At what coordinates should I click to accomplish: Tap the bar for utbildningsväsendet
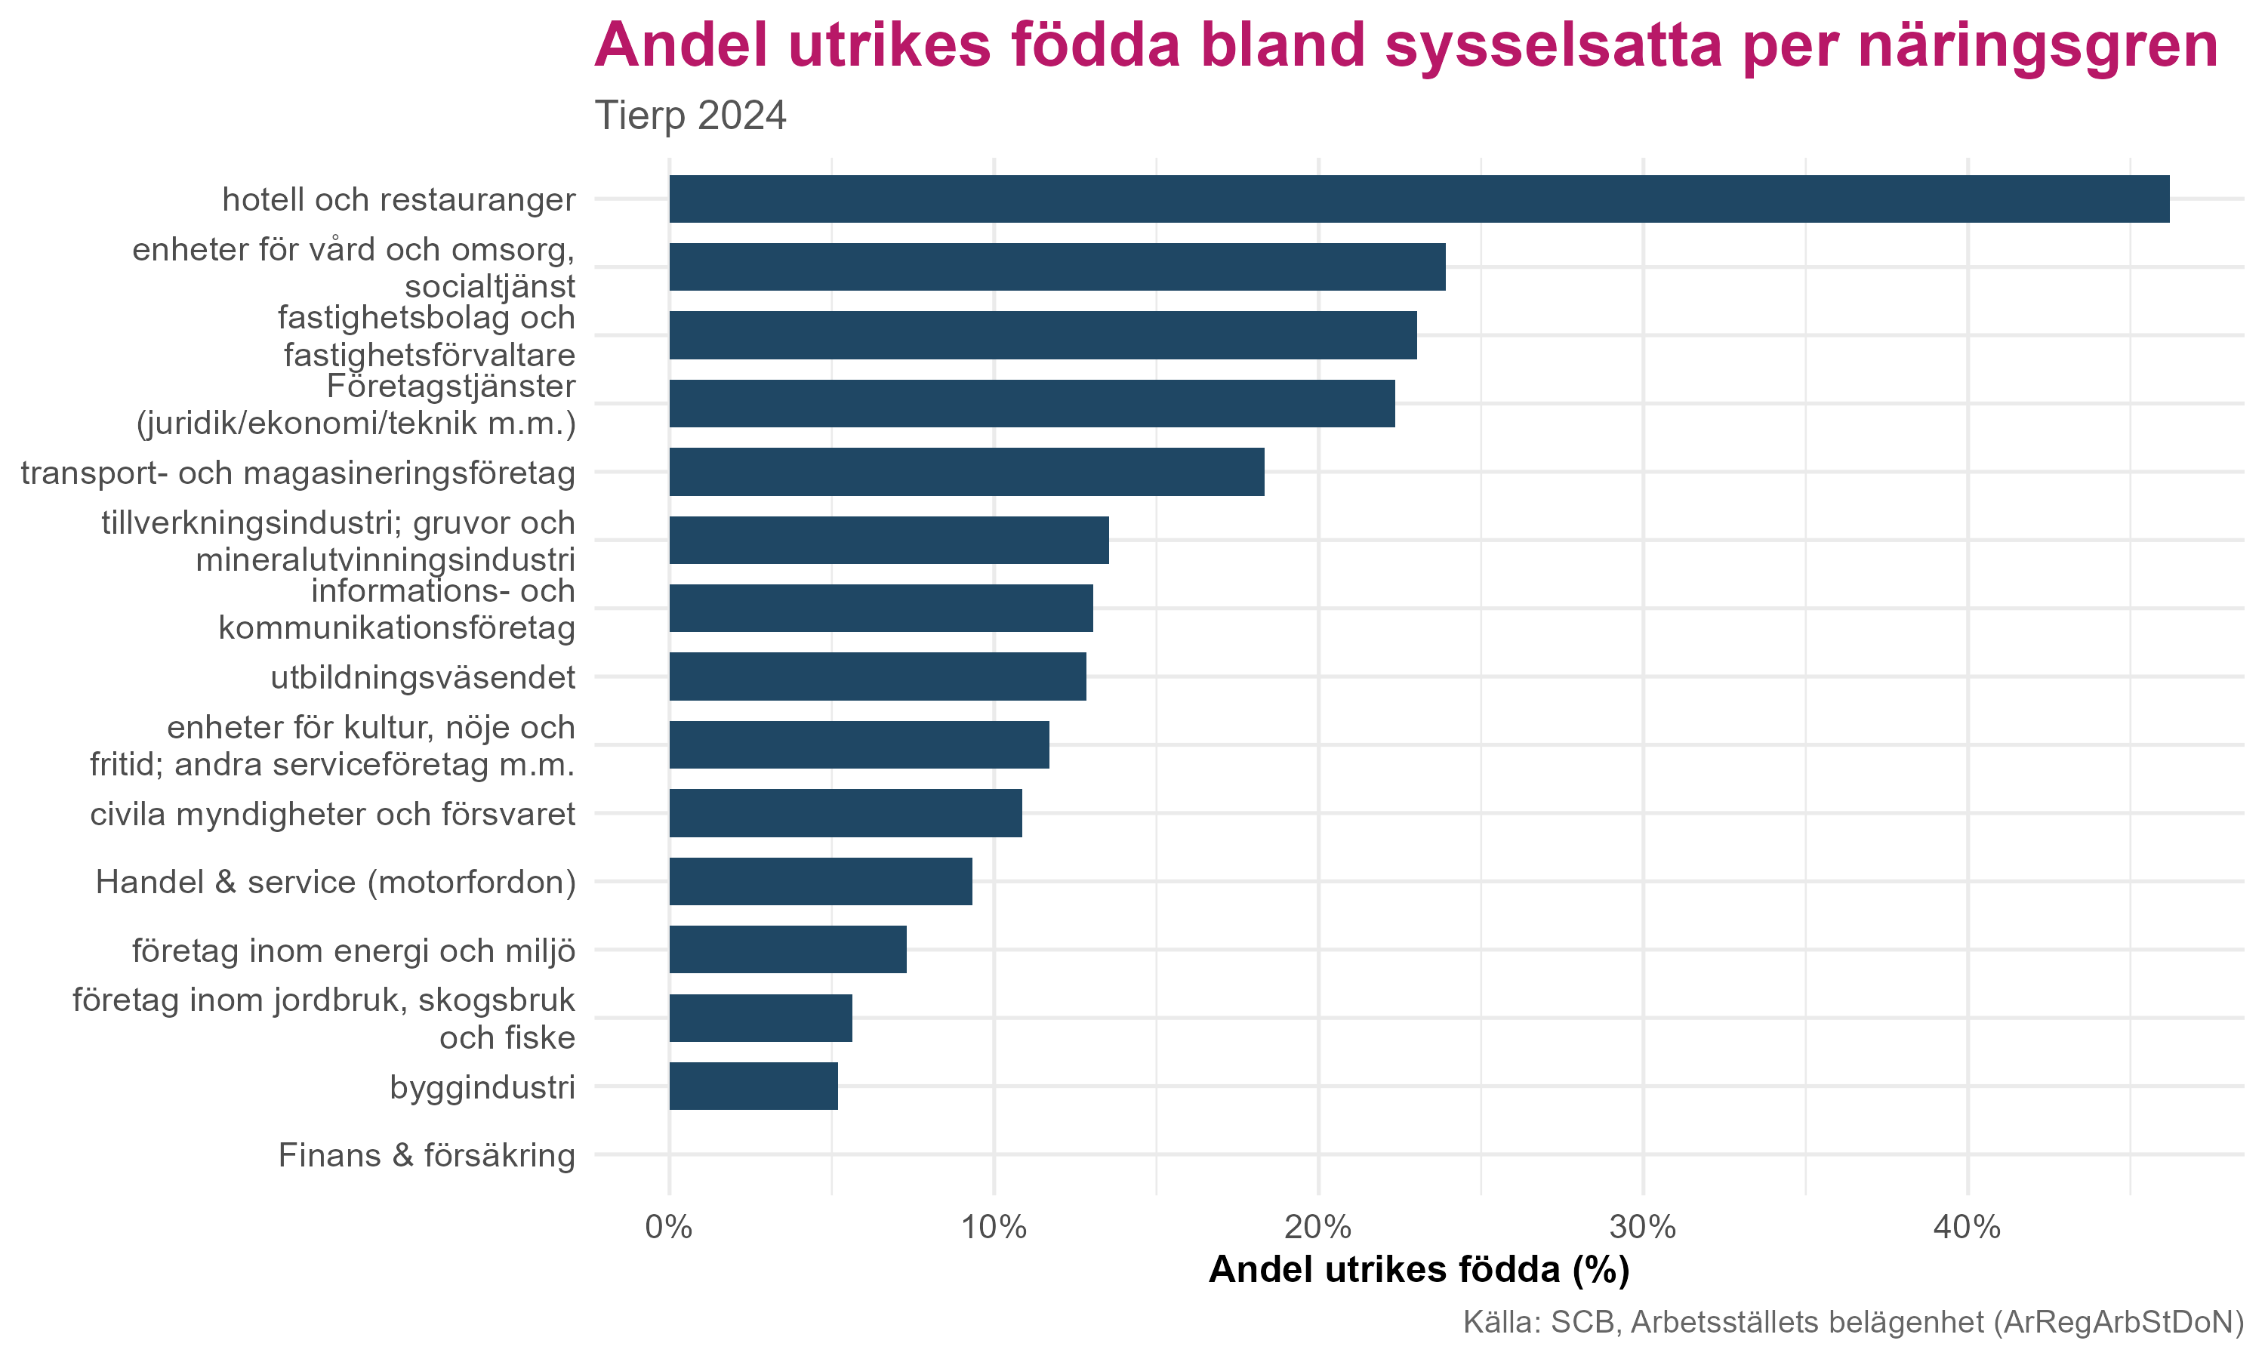click(x=877, y=676)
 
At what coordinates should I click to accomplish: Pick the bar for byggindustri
click(x=753, y=1086)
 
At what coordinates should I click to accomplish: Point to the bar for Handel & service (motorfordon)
click(x=820, y=881)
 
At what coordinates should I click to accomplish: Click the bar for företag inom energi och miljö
click(x=787, y=950)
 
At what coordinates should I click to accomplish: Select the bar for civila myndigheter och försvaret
click(x=845, y=813)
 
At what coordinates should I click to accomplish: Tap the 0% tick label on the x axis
click(x=668, y=1227)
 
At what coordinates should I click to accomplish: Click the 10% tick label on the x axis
click(x=994, y=1227)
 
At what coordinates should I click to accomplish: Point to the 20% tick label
click(x=1318, y=1227)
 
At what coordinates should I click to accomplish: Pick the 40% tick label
click(x=1967, y=1227)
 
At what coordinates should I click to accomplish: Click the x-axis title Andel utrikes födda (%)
click(x=1419, y=1270)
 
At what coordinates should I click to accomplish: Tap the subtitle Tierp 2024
click(x=690, y=116)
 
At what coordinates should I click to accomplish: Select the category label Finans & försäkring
click(x=427, y=1156)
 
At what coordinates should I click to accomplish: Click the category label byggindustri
click(x=482, y=1087)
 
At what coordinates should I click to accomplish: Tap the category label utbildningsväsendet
click(x=423, y=678)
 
